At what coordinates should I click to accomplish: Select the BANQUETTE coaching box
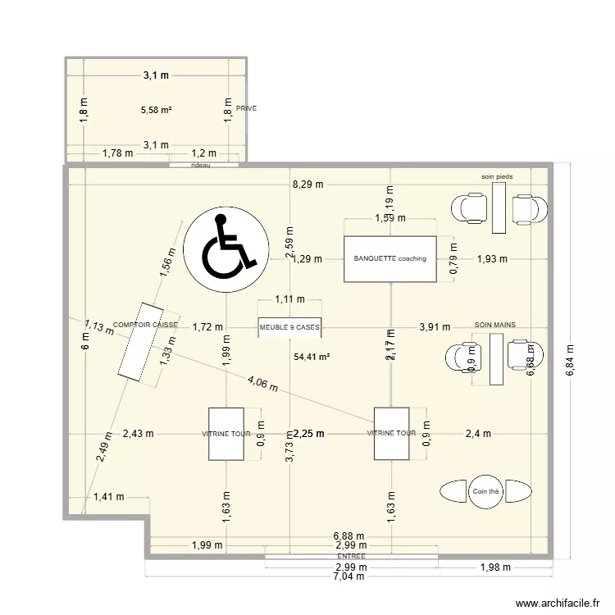click(x=389, y=259)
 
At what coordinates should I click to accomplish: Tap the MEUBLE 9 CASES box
click(x=289, y=327)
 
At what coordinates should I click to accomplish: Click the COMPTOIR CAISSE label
click(x=145, y=325)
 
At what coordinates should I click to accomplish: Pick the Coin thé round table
click(x=485, y=491)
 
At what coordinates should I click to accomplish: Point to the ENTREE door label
click(x=350, y=556)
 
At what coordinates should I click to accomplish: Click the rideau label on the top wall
click(x=200, y=165)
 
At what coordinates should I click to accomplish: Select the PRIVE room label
click(x=246, y=108)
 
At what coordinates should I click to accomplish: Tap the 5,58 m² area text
click(x=156, y=109)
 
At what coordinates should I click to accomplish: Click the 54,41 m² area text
click(x=311, y=357)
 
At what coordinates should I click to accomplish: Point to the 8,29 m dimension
click(x=307, y=185)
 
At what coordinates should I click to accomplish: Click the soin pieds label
click(x=496, y=176)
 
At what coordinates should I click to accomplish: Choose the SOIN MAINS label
click(x=495, y=325)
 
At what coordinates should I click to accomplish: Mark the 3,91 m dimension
click(x=435, y=327)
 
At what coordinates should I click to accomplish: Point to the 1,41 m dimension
click(x=108, y=496)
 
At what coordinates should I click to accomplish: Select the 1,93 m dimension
click(x=492, y=259)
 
